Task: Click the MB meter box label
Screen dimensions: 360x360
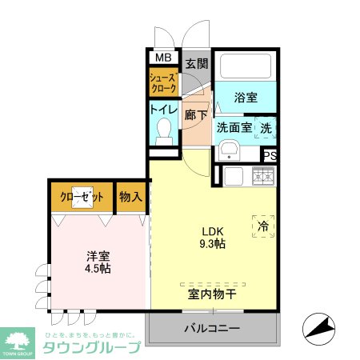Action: [163, 58]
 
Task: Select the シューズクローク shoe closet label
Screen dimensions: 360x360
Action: [163, 82]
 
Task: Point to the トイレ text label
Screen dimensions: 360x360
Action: [163, 110]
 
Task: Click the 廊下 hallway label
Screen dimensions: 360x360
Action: [196, 114]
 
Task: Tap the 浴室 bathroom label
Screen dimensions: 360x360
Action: [246, 98]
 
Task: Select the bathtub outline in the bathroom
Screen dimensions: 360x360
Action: [246, 66]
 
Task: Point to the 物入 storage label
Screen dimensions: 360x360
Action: [131, 196]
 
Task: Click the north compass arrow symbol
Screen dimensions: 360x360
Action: [318, 326]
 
